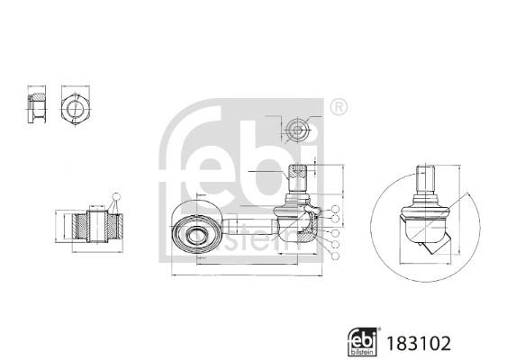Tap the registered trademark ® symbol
click(338, 106)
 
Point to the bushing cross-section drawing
click(90, 226)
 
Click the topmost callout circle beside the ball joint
click(335, 211)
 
